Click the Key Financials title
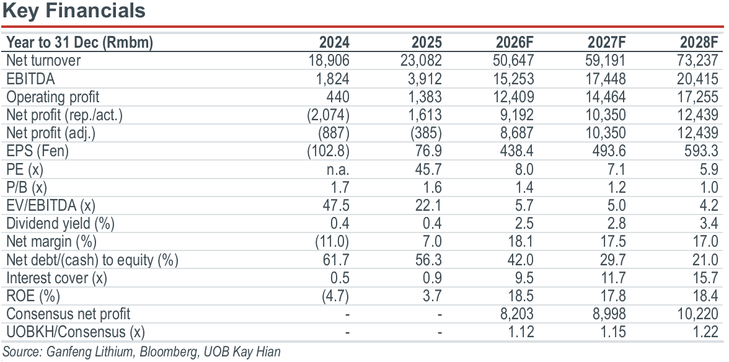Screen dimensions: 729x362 point(74,11)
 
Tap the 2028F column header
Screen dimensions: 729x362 point(699,43)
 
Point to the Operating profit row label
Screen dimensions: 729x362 point(53,97)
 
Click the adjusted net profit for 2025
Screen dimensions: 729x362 point(426,133)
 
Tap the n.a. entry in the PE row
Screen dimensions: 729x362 point(337,170)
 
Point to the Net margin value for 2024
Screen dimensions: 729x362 point(332,242)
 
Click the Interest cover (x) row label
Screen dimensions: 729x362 point(56,278)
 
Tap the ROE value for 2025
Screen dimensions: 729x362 point(433,296)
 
